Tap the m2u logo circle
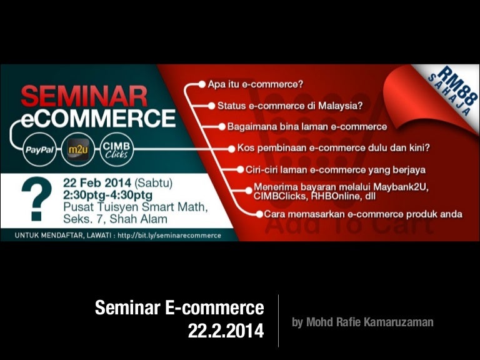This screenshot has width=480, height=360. [79, 151]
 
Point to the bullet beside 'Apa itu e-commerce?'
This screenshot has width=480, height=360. [202, 83]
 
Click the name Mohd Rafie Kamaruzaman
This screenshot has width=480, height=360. [362, 322]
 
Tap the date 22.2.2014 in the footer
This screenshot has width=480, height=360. [226, 331]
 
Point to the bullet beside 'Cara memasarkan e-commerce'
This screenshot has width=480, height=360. [259, 214]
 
